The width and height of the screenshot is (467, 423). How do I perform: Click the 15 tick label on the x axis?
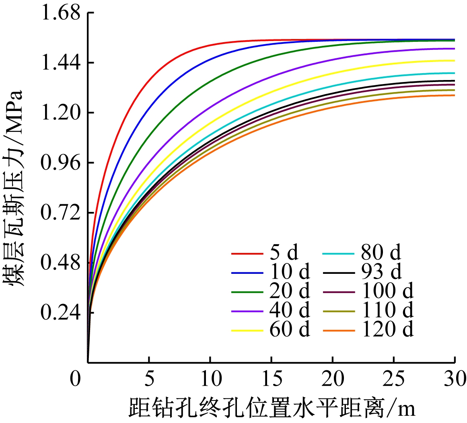click(272, 379)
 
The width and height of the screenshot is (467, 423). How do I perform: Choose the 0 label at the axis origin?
click(75, 379)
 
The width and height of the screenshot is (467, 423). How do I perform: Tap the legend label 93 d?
click(381, 272)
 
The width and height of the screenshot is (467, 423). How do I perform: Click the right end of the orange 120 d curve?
click(454, 95)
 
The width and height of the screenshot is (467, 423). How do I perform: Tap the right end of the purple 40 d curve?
click(454, 49)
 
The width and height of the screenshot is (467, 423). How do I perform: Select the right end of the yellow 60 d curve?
click(454, 61)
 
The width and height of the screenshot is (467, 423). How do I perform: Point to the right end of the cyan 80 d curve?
click(454, 73)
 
